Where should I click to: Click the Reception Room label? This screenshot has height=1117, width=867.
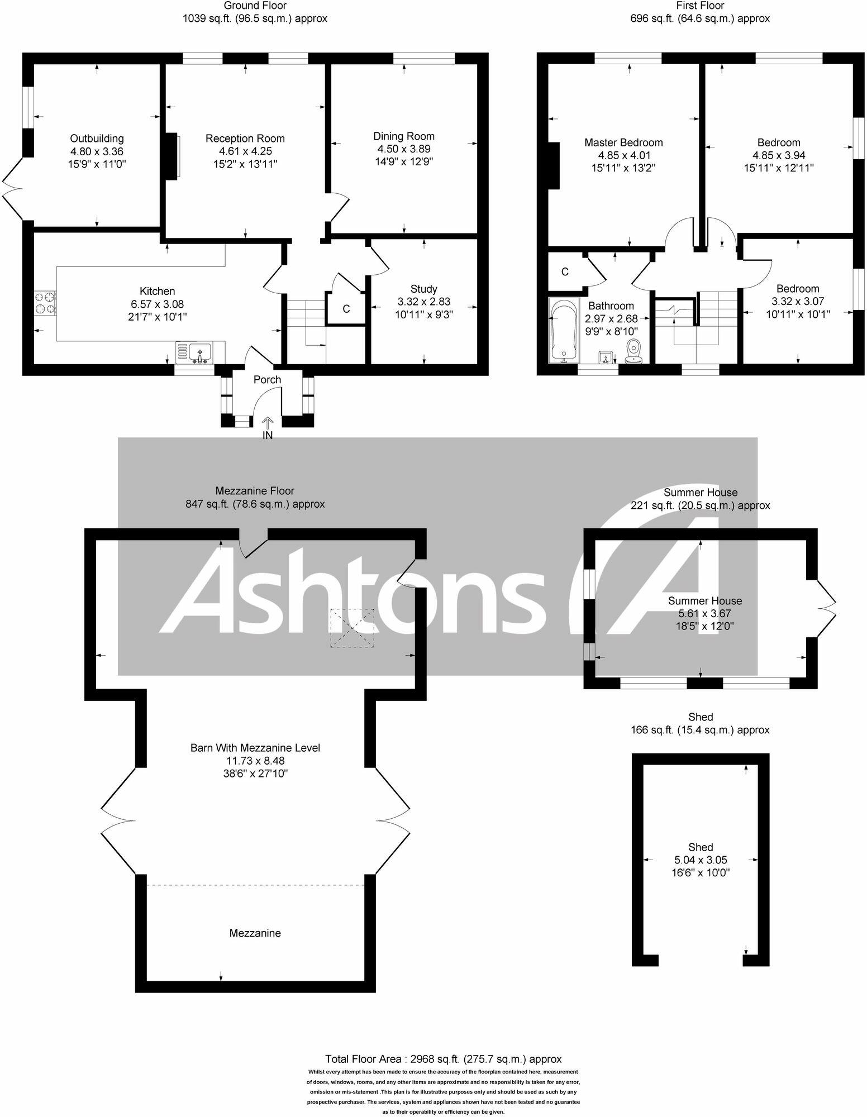[x=245, y=139]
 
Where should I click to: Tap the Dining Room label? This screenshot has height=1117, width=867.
[x=403, y=136]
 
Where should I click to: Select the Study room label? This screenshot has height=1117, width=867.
[x=423, y=289]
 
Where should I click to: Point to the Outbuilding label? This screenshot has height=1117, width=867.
[x=97, y=139]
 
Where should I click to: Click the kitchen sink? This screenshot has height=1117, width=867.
[x=199, y=353]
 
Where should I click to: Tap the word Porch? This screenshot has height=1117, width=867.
[x=267, y=380]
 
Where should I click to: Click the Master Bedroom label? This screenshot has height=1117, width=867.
[x=623, y=142]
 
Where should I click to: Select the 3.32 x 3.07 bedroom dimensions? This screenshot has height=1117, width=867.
[x=797, y=302]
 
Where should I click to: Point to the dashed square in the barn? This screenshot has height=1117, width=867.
[x=352, y=628]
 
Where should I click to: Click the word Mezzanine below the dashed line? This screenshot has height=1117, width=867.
[x=255, y=933]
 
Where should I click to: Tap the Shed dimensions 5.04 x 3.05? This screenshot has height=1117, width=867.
[x=701, y=860]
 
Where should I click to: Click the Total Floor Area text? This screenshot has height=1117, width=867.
[x=443, y=1059]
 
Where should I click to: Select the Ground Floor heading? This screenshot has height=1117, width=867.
[x=255, y=6]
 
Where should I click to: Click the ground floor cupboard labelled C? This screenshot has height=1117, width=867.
[x=346, y=309]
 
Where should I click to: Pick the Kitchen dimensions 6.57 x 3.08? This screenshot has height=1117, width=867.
[x=157, y=304]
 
